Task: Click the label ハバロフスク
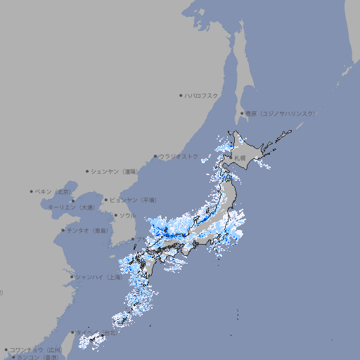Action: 202,95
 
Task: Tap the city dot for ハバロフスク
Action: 181,95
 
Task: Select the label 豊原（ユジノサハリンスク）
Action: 281,113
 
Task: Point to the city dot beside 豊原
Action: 242,113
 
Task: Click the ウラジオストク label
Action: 179,156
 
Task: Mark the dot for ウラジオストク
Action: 155,157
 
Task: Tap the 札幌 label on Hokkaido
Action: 240,157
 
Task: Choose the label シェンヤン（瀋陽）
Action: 115,171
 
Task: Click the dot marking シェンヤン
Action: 87,171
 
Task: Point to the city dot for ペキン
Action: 32,191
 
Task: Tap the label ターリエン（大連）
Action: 70,207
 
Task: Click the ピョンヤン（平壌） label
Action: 133,200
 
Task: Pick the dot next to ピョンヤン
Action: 106,200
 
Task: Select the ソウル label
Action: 127,215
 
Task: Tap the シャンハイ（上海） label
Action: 99,277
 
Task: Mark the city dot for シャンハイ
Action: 72,277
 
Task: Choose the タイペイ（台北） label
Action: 97,333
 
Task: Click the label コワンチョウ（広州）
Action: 36,349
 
